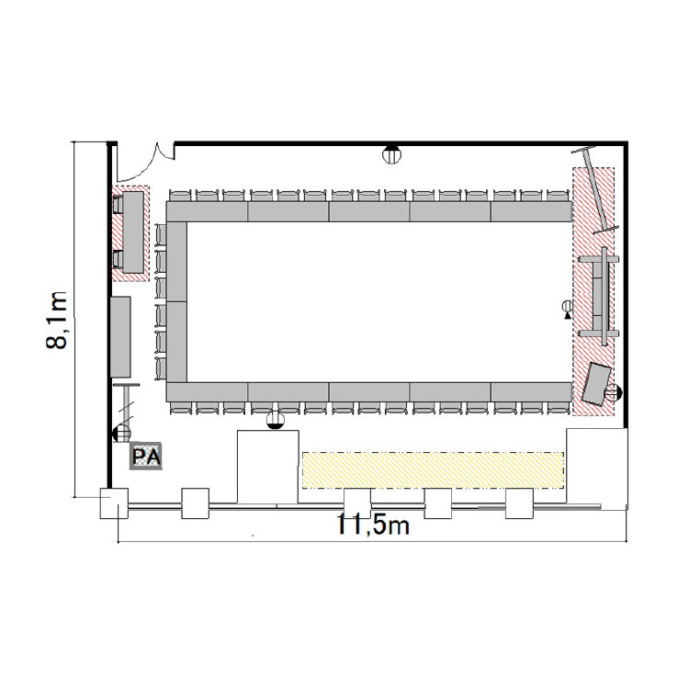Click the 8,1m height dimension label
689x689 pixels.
[56, 320]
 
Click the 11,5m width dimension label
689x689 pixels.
[373, 524]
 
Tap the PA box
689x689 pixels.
[146, 456]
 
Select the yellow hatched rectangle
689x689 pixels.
[433, 469]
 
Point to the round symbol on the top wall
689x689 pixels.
[391, 153]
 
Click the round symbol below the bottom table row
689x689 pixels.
[276, 419]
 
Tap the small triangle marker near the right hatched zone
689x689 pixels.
[568, 314]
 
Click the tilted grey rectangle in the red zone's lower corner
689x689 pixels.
[596, 384]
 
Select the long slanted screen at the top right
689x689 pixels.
[595, 190]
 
